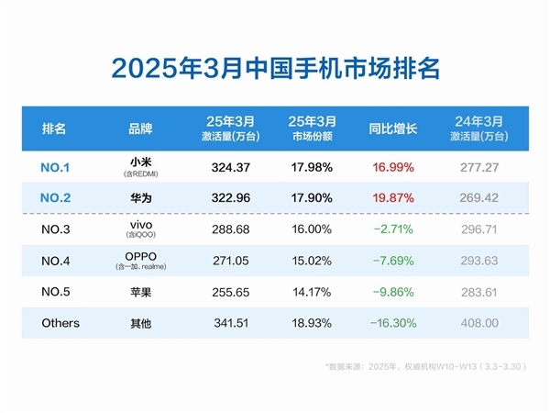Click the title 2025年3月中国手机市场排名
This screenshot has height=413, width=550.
pos(275,69)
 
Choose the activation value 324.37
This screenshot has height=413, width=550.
pos(225,167)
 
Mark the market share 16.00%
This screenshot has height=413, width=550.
pos(310,229)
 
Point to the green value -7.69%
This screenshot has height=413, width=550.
pos(392,261)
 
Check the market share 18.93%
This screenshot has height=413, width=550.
pos(310,323)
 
